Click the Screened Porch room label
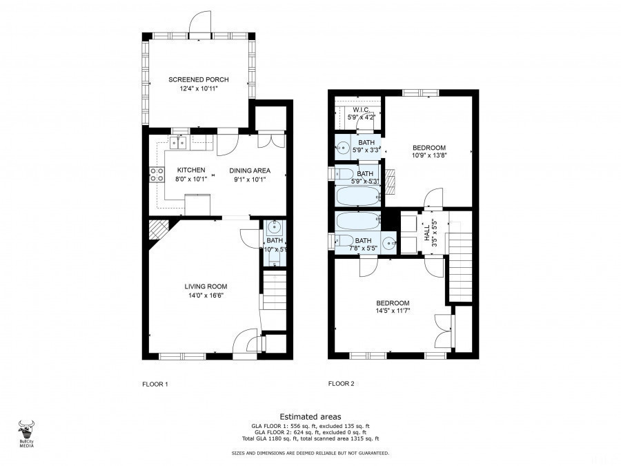[199, 79]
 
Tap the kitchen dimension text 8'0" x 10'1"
[190, 179]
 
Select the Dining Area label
[250, 171]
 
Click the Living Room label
[206, 287]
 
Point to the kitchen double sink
[179, 143]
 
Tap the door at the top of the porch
[199, 26]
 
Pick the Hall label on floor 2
[426, 231]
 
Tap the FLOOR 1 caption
[155, 384]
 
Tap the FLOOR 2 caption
[341, 384]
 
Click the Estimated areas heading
[310, 417]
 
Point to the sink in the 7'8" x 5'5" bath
[391, 242]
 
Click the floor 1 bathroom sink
[273, 226]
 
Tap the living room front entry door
[246, 340]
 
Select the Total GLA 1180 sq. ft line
[310, 438]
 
